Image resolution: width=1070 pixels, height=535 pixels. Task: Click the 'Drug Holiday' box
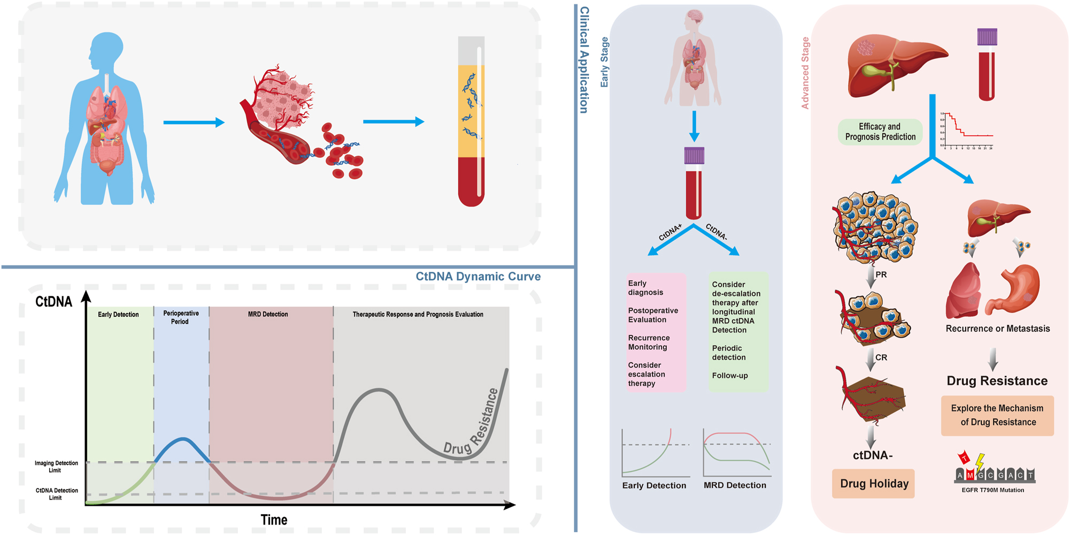point(874,484)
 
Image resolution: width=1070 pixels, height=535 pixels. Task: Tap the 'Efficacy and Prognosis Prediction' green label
point(880,132)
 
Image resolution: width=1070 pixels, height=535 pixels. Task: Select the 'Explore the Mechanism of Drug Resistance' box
point(997,415)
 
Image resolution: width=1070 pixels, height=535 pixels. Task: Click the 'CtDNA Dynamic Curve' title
point(478,277)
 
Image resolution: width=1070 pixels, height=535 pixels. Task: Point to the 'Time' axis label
point(274,519)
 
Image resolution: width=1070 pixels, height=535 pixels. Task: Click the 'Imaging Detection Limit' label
point(56,467)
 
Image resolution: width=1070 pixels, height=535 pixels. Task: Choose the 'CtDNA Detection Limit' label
point(56,494)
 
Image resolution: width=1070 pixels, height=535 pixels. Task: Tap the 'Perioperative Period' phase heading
point(181,317)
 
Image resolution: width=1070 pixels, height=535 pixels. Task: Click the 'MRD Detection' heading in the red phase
point(268,315)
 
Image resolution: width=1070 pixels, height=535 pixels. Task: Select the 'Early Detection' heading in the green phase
point(118,315)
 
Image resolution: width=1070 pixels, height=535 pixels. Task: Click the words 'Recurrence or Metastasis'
point(997,328)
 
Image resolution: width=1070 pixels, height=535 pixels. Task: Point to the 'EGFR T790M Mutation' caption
point(992,490)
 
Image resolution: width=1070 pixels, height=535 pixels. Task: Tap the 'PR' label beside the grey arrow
point(881,274)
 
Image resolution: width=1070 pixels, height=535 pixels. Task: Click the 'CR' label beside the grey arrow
point(881,357)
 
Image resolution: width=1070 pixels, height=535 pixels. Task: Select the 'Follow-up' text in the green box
point(730,376)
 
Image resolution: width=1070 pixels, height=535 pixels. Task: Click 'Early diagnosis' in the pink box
point(645,288)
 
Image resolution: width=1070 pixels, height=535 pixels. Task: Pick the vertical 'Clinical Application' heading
point(584,60)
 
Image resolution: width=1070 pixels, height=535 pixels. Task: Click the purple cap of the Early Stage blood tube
point(694,155)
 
